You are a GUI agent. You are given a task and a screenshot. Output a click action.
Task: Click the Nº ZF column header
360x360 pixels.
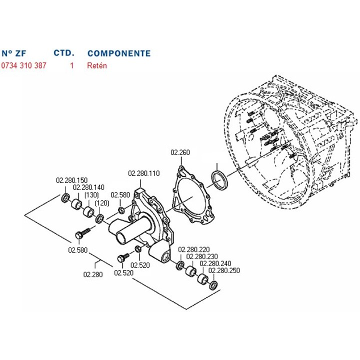[x=13, y=53]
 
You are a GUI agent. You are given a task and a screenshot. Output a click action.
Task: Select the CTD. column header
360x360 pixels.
[x=64, y=53]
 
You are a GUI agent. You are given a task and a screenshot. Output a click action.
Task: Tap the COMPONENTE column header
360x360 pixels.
[x=118, y=53]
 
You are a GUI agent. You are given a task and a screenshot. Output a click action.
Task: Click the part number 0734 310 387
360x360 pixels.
[x=23, y=65]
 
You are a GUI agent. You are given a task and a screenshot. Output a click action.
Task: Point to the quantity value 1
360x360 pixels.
[x=71, y=65]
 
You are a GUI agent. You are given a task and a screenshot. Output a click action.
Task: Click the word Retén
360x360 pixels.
[x=96, y=65]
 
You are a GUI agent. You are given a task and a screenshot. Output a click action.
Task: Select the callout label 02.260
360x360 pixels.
[x=180, y=152]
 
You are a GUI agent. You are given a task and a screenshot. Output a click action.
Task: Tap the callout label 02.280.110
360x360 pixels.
[x=144, y=173]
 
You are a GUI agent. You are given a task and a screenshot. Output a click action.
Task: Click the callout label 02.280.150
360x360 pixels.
[x=71, y=180]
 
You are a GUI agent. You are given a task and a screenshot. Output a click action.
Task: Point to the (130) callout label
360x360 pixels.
[x=91, y=195]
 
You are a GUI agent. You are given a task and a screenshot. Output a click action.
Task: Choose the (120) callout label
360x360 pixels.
[x=102, y=203]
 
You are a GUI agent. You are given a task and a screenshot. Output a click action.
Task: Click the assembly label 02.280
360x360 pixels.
[x=92, y=273]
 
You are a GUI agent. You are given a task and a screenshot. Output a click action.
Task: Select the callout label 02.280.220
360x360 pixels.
[x=194, y=249]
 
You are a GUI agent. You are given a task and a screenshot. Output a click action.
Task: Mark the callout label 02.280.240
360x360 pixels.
[x=215, y=263]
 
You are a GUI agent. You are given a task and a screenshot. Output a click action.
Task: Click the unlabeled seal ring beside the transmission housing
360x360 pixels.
[x=219, y=180]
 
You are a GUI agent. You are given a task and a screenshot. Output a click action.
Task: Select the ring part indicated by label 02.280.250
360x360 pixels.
[x=213, y=286]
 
